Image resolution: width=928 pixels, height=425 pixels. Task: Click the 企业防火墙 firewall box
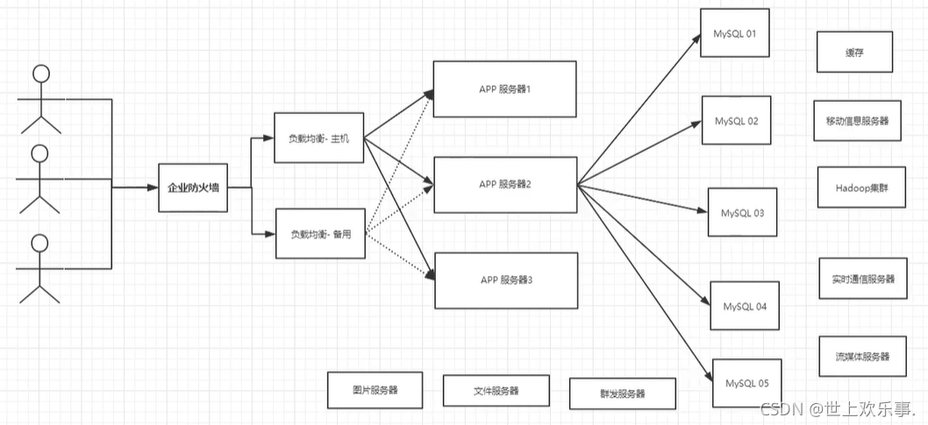click(x=194, y=188)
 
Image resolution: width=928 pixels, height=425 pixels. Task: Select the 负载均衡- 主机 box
click(x=318, y=138)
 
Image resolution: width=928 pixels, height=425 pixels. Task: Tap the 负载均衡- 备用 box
click(x=319, y=233)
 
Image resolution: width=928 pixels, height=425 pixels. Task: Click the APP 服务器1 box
click(x=504, y=89)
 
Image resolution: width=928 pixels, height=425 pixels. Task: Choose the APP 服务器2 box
click(x=505, y=184)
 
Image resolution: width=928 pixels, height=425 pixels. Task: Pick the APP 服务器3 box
click(x=506, y=280)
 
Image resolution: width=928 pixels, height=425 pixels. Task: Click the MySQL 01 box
click(x=735, y=34)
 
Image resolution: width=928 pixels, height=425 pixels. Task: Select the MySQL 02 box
click(x=737, y=120)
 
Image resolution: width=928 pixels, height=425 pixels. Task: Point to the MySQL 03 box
click(x=743, y=212)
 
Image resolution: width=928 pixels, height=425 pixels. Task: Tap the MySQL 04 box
click(x=745, y=306)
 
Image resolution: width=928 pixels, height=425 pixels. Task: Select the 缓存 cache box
click(x=855, y=53)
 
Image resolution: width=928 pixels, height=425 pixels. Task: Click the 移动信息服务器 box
click(x=857, y=121)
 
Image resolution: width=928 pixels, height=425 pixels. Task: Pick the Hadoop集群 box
click(x=861, y=187)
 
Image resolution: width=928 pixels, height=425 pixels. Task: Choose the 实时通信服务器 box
click(x=863, y=279)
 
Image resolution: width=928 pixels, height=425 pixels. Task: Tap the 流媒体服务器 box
click(x=862, y=357)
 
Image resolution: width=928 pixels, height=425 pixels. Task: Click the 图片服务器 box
click(x=375, y=390)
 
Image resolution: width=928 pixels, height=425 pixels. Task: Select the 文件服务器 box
click(x=496, y=391)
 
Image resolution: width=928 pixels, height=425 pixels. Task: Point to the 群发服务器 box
click(x=622, y=393)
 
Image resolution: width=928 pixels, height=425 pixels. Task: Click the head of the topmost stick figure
click(x=39, y=74)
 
